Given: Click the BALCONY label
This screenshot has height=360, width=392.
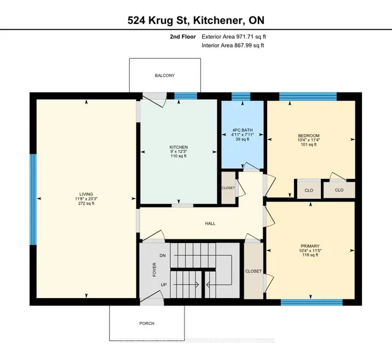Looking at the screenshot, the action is (x=165, y=75).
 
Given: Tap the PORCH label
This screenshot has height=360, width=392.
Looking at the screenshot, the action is (x=147, y=323).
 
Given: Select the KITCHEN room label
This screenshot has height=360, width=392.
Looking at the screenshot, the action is (x=178, y=147).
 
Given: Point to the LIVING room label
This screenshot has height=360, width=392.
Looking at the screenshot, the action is (x=86, y=194).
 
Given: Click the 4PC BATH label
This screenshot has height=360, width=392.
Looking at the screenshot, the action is (x=243, y=130).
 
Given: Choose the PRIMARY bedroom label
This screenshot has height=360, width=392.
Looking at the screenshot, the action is (x=310, y=246).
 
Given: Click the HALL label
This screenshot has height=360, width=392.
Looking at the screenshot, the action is (x=210, y=223).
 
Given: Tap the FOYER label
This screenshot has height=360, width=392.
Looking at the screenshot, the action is (x=154, y=269).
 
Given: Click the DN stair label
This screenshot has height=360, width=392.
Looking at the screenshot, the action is (x=162, y=255).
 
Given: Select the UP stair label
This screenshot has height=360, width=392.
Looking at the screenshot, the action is (x=164, y=285).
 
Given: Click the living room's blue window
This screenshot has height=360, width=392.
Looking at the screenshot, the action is (x=33, y=200).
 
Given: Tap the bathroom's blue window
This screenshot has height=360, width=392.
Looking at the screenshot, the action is (x=241, y=96).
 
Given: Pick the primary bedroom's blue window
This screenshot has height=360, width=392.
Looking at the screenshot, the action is (x=312, y=302).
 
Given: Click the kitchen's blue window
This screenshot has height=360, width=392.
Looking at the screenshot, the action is (x=186, y=96).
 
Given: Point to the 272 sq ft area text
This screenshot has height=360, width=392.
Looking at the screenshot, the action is (x=86, y=203).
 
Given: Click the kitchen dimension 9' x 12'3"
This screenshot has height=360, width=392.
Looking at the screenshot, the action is (x=178, y=152).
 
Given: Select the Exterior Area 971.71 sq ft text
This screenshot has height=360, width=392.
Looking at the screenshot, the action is (x=234, y=37).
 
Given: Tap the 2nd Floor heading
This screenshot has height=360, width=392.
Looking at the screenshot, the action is (x=183, y=37).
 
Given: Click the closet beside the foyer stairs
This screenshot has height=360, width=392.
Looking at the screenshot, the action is (x=254, y=271).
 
